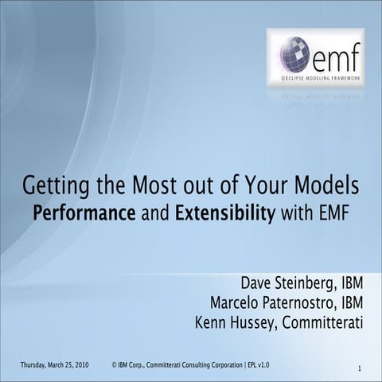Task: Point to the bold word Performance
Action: coord(78,215)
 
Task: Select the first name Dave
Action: coord(255,284)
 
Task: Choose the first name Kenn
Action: coord(210,322)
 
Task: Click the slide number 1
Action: coord(360,368)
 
